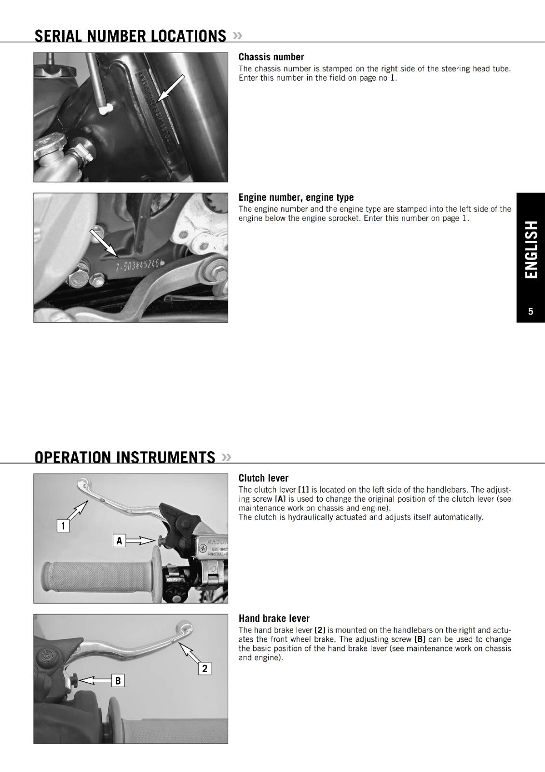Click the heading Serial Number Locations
[x=130, y=36]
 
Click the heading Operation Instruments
[x=125, y=457]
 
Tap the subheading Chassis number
[x=271, y=57]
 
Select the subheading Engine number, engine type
[x=296, y=197]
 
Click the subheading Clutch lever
[x=263, y=478]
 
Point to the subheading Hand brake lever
[x=274, y=619]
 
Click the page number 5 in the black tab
[x=531, y=312]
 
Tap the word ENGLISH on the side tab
[x=531, y=249]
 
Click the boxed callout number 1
[x=63, y=525]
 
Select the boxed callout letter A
[x=119, y=540]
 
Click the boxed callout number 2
[x=205, y=668]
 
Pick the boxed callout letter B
[x=118, y=681]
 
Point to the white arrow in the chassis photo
[x=170, y=88]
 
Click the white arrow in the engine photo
[x=103, y=243]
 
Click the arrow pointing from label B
[x=95, y=680]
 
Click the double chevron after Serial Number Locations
[x=237, y=36]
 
